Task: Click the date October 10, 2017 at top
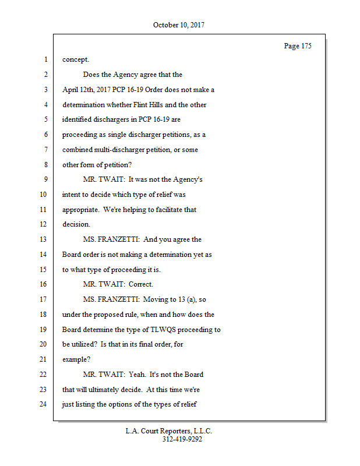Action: coord(179,25)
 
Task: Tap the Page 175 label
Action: coord(297,46)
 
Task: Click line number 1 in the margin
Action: coord(45,60)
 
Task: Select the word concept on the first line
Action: coord(75,60)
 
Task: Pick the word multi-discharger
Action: coord(113,150)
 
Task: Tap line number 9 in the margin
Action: coord(45,179)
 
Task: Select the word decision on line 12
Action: coord(76,224)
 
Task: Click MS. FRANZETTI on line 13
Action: coord(111,239)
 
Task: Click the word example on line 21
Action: coord(76,359)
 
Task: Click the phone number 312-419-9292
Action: coord(182,439)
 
